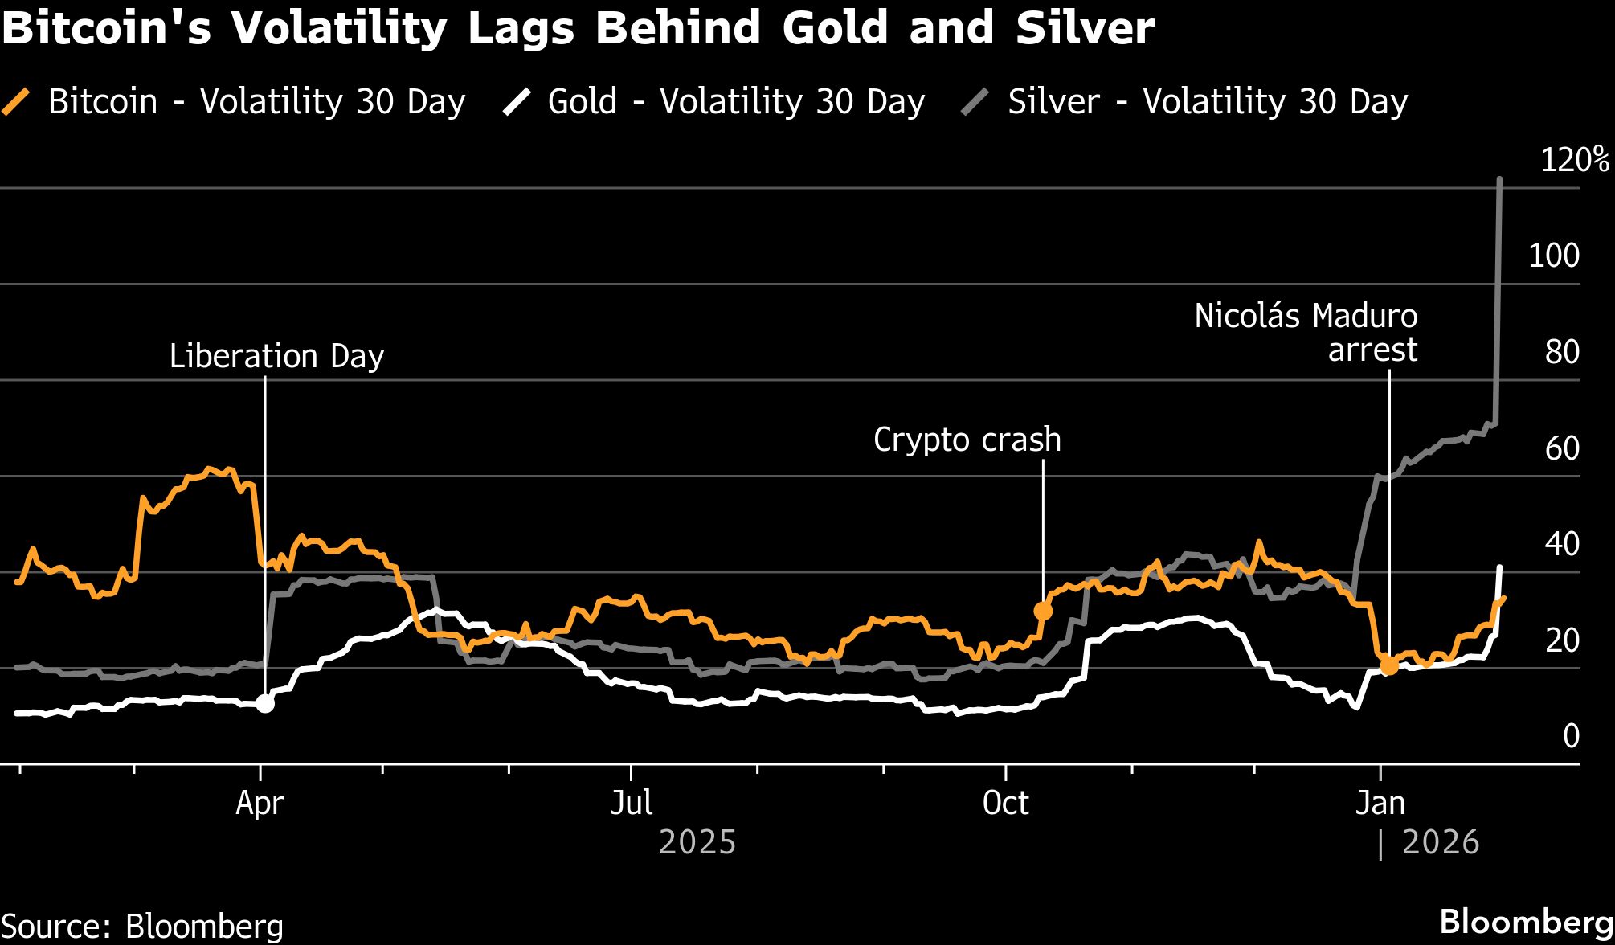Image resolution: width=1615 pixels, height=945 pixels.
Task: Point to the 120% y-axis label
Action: pos(1574,160)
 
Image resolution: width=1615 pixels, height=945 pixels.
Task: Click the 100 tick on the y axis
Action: pos(1553,256)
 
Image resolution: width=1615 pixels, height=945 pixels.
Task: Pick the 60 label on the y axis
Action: pos(1562,448)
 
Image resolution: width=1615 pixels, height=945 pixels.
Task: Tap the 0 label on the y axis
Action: pos(1571,736)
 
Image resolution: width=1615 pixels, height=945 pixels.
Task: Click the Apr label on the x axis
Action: pos(260,804)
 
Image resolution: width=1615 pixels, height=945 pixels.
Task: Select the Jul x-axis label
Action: pos(631,804)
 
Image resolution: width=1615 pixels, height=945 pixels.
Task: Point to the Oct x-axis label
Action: pos(1005,804)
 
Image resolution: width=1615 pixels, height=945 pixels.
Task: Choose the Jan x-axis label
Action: pos(1380,804)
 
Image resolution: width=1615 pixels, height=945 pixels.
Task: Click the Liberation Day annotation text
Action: pos(276,356)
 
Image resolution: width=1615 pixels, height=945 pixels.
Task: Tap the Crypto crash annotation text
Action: pos(967,440)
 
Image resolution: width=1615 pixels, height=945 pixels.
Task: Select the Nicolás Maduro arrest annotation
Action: pos(1306,333)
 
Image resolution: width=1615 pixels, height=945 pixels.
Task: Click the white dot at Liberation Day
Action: pos(264,703)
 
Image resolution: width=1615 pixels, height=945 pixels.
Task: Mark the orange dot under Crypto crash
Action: pos(1043,611)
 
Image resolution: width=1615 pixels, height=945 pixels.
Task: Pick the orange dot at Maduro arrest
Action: pos(1388,665)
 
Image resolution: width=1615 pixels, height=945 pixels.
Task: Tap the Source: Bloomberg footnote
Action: pos(142,926)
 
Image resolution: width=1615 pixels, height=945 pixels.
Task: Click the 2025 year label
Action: pos(697,842)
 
